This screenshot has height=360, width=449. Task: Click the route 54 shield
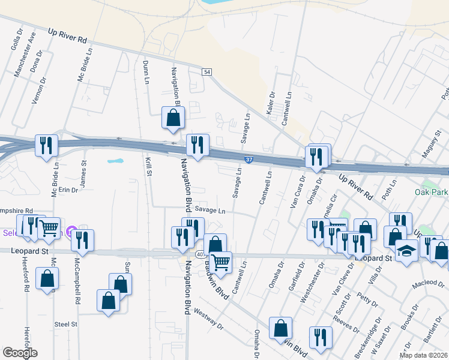(206, 72)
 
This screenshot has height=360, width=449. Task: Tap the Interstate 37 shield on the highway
(249, 160)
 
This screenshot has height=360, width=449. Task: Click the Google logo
(19, 353)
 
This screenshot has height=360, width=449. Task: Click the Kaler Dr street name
(271, 103)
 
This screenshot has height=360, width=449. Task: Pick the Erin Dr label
(67, 190)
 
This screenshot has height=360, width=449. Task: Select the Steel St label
(66, 324)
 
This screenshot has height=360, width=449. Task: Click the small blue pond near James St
(115, 161)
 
